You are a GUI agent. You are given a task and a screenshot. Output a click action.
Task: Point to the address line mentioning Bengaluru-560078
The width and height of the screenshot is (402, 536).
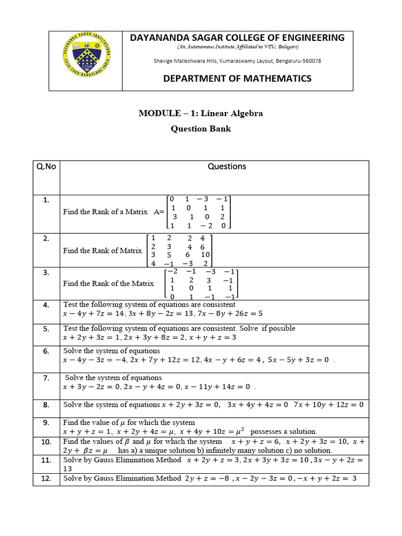pos(237,61)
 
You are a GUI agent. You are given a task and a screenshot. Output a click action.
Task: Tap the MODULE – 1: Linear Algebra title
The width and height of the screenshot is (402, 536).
pos(200,114)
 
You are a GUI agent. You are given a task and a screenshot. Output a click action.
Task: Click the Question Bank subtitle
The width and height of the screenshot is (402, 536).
pos(200,129)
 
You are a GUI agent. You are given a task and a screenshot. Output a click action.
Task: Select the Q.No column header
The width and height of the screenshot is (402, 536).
pos(46,167)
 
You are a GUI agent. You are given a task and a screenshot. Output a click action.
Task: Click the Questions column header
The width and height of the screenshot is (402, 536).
pos(227,166)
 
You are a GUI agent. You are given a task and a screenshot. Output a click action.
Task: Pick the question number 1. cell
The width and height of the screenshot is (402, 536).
pos(46,200)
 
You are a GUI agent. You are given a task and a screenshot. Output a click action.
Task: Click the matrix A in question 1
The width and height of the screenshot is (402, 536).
pos(198,212)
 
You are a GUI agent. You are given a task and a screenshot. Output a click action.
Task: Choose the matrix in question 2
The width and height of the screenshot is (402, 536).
pos(178,251)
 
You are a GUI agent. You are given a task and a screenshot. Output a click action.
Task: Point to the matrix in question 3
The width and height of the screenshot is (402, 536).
pos(201,284)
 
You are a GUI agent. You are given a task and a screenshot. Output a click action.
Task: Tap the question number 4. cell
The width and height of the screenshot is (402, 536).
pos(46,305)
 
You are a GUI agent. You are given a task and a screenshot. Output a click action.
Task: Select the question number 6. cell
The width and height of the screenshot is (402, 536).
pos(46,352)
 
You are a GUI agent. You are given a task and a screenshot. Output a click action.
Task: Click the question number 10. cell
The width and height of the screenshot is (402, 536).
pos(46,442)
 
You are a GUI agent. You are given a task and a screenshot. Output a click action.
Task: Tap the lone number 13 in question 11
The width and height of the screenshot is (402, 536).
pos(68,470)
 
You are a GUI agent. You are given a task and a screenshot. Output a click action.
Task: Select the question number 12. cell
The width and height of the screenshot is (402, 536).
pos(46,478)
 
